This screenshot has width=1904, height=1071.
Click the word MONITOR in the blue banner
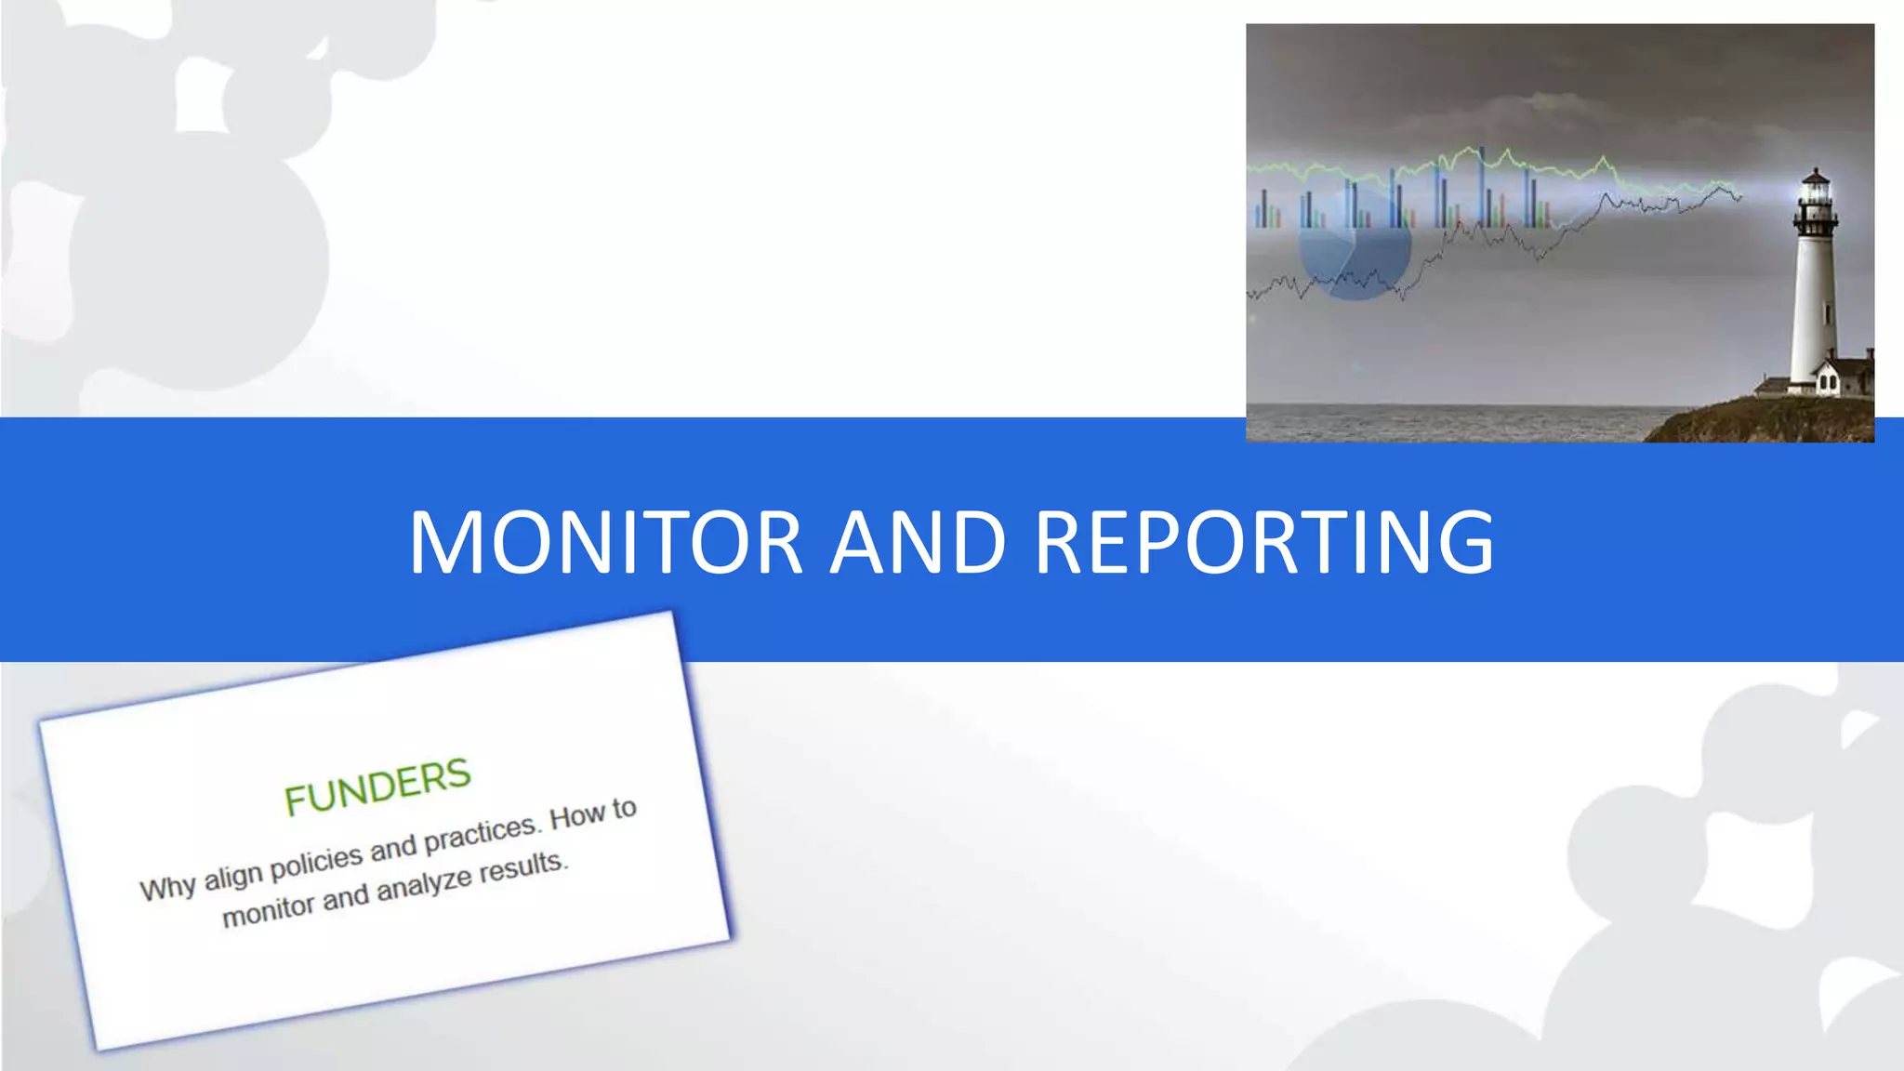[x=605, y=542]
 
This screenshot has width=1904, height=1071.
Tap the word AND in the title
[x=918, y=542]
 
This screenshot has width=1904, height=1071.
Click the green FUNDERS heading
[x=377, y=787]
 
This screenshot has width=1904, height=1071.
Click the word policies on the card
[x=316, y=862]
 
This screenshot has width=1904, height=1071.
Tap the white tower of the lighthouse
[x=1813, y=307]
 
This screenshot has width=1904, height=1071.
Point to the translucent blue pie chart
[x=1355, y=246]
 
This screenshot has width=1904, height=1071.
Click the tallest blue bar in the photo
[x=1481, y=186]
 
